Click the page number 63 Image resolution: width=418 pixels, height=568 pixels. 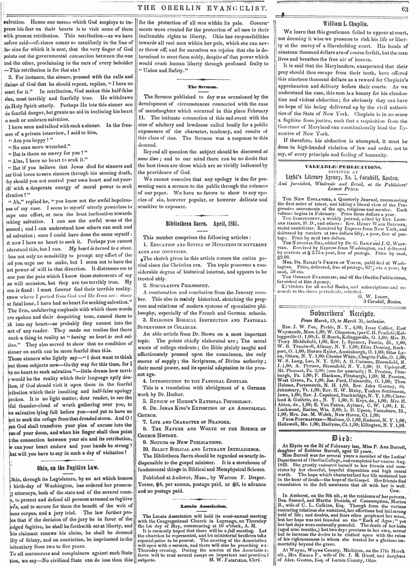coord(404,7)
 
